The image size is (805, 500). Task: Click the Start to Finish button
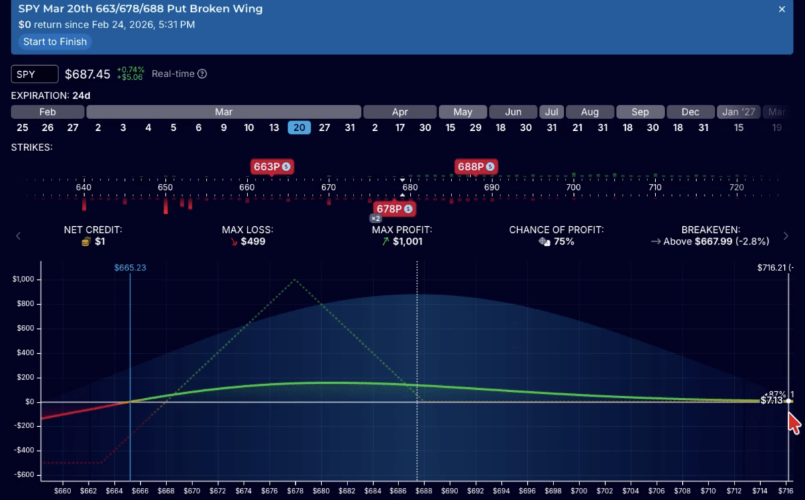pos(55,42)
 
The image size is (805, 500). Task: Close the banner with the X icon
pos(782,9)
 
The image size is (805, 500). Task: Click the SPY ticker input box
pos(35,74)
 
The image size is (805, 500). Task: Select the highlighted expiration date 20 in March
pos(299,128)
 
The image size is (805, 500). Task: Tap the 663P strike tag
pos(272,166)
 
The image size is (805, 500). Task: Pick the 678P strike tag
pos(394,209)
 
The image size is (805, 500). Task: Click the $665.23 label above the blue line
pos(130,267)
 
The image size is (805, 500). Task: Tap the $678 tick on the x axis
pos(294,491)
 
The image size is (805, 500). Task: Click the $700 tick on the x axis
pos(578,491)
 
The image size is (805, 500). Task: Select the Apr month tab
pos(400,112)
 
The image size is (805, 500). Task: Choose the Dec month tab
pos(690,112)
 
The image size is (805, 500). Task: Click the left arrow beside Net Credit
pos(19,236)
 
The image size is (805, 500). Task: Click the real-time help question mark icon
pos(202,74)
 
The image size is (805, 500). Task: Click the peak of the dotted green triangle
pos(294,279)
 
